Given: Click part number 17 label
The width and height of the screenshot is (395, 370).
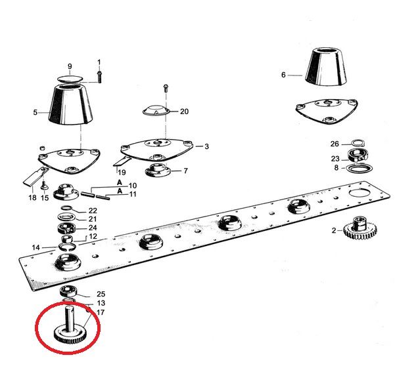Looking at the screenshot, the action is click(x=101, y=312).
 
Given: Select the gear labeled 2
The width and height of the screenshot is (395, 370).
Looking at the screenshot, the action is click(x=360, y=229).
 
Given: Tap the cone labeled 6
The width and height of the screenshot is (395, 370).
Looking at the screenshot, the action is click(x=326, y=66).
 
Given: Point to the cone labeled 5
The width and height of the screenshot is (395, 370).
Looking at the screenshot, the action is click(x=71, y=104).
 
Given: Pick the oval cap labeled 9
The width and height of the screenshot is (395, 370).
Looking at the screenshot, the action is click(x=70, y=79).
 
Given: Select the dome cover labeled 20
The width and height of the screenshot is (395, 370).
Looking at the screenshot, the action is click(x=156, y=110).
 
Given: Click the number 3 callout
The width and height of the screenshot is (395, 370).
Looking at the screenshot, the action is click(x=206, y=146).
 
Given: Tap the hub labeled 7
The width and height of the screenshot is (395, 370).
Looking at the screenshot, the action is click(x=158, y=171).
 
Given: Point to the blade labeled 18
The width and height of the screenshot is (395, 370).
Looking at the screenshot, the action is click(x=36, y=176).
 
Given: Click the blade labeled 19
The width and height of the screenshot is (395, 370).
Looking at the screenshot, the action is click(x=122, y=161).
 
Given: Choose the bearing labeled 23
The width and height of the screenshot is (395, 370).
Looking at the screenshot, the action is click(x=358, y=155).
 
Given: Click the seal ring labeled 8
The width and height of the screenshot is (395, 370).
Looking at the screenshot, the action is click(x=360, y=168).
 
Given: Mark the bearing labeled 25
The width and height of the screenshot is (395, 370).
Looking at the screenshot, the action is click(x=68, y=291).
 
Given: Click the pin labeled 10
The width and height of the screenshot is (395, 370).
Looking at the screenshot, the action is click(x=87, y=194).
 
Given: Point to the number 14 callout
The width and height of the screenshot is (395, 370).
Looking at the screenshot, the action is click(x=35, y=247).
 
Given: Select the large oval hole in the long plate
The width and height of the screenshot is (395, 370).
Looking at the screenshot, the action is click(x=360, y=194).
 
